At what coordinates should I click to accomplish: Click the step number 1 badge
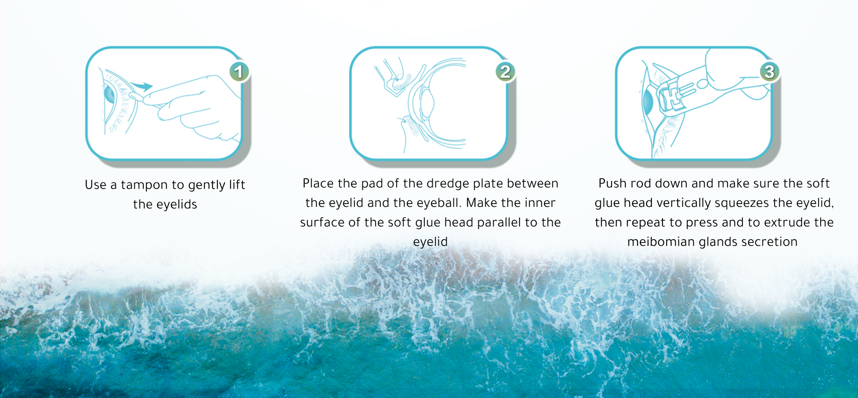click(x=239, y=72)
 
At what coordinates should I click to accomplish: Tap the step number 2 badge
click(x=505, y=72)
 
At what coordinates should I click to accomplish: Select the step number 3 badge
click(x=769, y=72)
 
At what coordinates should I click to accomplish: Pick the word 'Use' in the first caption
click(x=95, y=185)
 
